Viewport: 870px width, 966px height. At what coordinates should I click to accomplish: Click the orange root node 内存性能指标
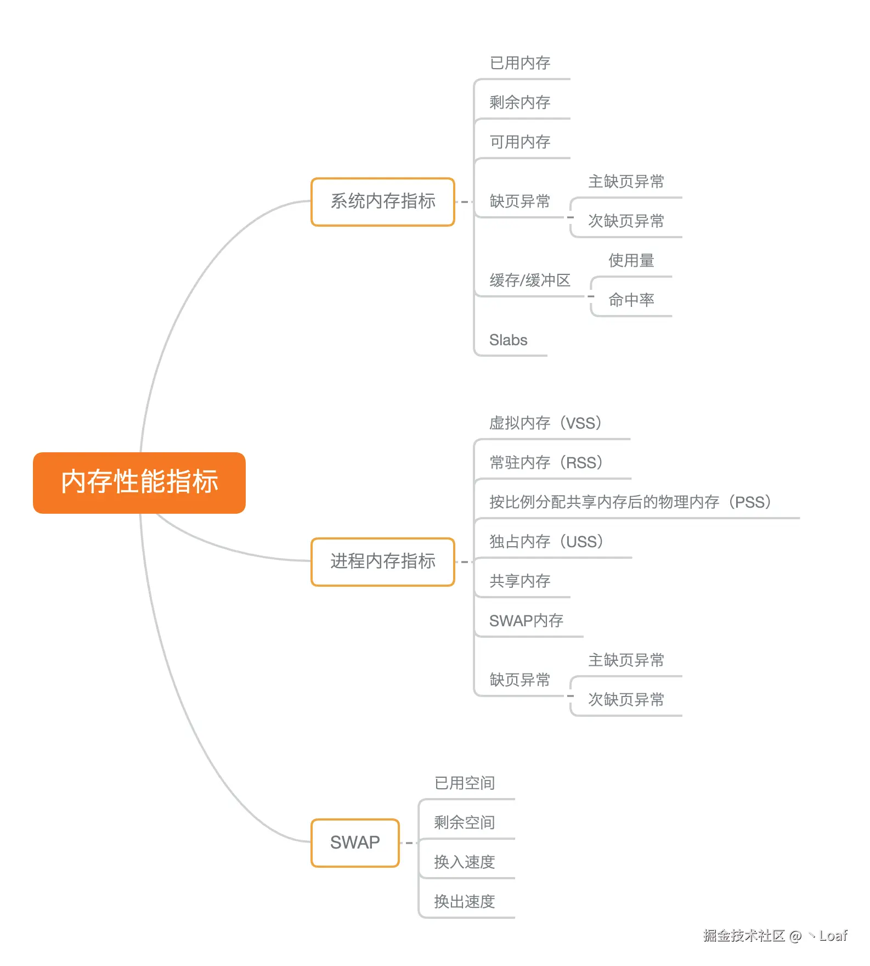point(139,482)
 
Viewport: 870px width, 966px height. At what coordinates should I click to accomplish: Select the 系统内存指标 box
point(382,201)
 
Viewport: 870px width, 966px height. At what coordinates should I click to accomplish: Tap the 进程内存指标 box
point(382,561)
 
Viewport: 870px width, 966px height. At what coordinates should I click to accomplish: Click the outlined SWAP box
point(354,843)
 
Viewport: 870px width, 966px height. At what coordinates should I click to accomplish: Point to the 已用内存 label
point(519,63)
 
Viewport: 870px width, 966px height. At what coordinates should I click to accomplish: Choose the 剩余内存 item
point(519,103)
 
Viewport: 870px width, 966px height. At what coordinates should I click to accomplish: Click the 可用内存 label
point(519,142)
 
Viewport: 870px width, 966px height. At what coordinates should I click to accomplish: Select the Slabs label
point(508,340)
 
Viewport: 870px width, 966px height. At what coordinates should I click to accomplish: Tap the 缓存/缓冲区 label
point(529,280)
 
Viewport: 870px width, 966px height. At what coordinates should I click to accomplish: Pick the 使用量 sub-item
point(631,261)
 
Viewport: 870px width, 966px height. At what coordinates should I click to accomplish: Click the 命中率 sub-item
point(631,300)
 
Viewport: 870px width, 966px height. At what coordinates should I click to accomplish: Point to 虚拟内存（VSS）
point(546,423)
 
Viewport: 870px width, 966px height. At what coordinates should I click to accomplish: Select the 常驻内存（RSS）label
point(546,463)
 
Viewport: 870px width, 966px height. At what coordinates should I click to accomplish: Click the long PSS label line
point(630,502)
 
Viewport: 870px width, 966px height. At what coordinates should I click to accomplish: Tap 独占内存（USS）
point(546,542)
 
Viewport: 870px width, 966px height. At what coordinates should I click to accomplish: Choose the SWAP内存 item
point(526,621)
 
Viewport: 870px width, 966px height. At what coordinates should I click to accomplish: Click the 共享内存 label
point(519,581)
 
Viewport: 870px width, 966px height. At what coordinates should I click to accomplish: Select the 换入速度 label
point(464,862)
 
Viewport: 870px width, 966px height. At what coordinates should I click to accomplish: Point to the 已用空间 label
point(464,783)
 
